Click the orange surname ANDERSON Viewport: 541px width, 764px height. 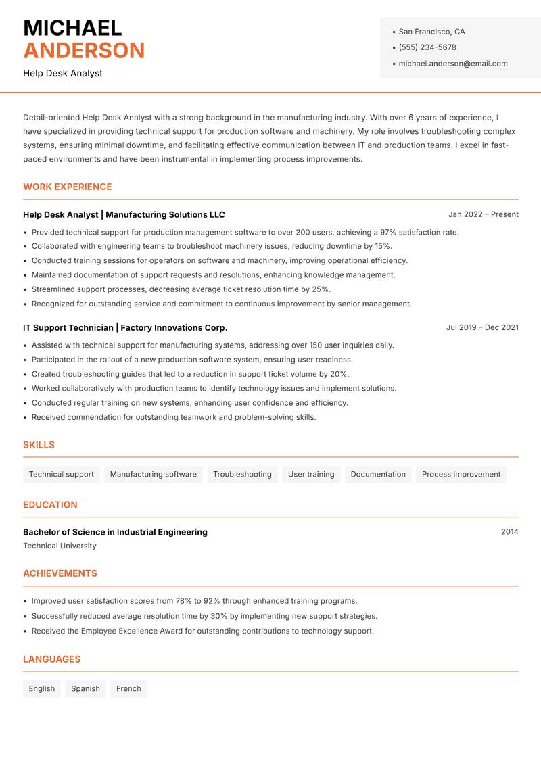(x=84, y=51)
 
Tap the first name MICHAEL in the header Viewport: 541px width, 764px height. (x=72, y=28)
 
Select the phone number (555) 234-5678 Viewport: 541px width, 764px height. (x=427, y=47)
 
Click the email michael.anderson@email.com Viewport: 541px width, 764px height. (x=452, y=64)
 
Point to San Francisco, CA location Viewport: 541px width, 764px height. (x=431, y=32)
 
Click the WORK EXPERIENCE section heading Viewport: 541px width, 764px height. (x=68, y=187)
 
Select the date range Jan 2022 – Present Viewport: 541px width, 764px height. (x=483, y=214)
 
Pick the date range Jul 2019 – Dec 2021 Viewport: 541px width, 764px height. (x=482, y=327)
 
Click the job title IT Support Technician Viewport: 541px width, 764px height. (x=68, y=327)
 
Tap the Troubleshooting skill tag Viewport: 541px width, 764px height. (x=242, y=475)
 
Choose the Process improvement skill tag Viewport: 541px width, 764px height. (x=461, y=475)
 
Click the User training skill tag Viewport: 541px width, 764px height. (x=311, y=475)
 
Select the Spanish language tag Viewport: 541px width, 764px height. (x=85, y=689)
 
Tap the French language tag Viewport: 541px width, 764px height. (x=128, y=689)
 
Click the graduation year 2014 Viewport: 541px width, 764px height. (x=509, y=532)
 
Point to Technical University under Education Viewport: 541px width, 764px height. (x=60, y=546)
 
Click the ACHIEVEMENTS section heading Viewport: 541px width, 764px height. (x=60, y=573)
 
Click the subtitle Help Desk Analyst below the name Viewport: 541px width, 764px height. (x=63, y=73)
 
